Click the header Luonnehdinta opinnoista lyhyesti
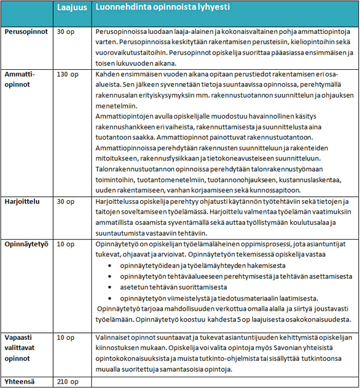coord(159,9)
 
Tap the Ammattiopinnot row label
coord(20,79)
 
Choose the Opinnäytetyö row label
coord(27,244)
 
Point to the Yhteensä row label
coord(21,382)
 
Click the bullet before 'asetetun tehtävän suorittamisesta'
coord(110,287)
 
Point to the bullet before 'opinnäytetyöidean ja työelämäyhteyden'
coord(110,266)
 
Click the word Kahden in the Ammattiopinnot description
coord(106,75)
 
